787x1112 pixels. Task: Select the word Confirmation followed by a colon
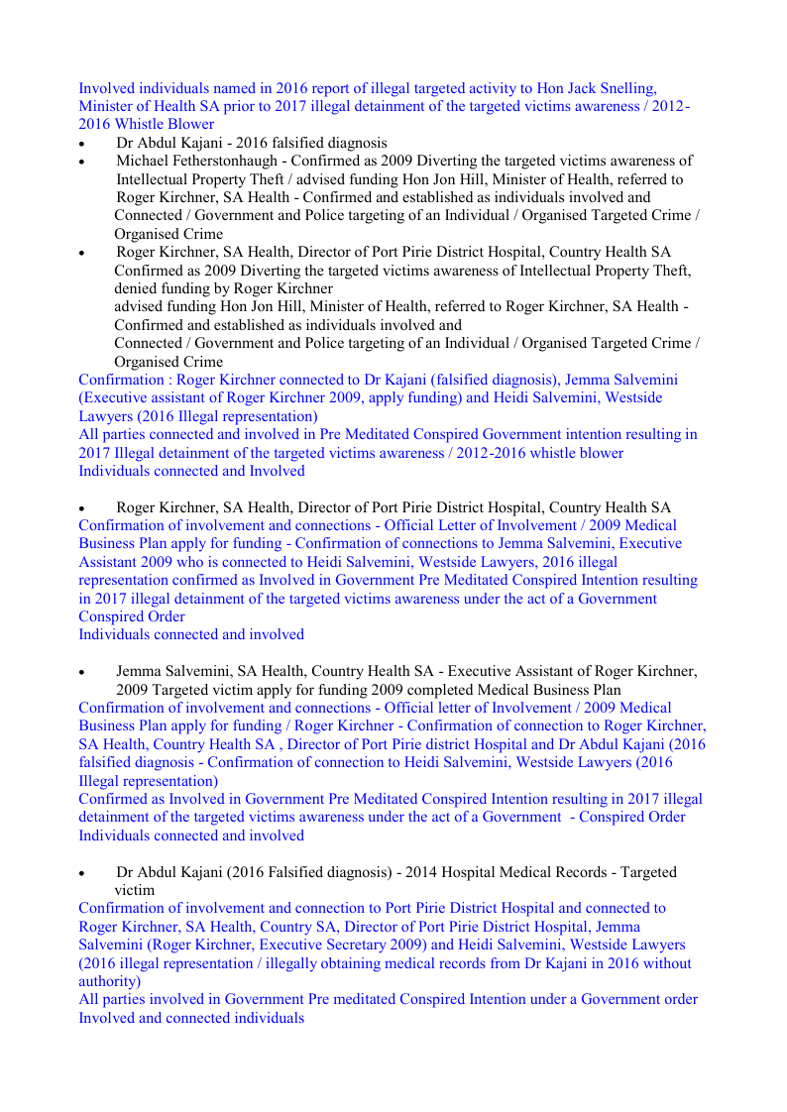coord(120,380)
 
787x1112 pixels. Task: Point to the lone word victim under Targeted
coord(135,890)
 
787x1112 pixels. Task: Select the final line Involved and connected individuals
coord(191,1018)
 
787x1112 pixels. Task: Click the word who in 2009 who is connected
coord(194,562)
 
